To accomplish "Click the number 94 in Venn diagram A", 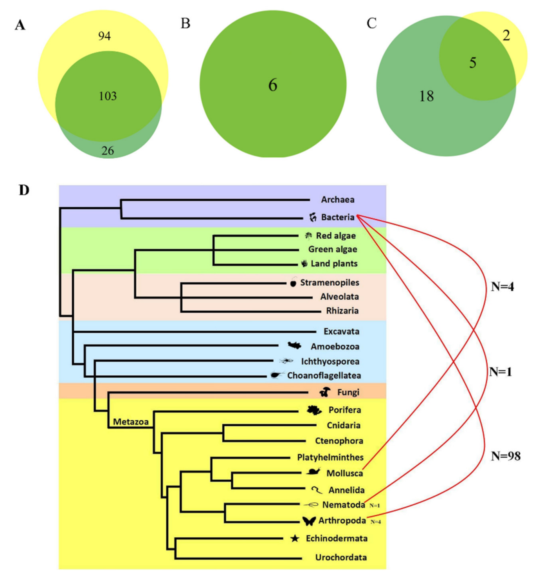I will point(104,36).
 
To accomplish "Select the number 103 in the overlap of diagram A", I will point(108,96).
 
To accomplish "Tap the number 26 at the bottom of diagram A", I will point(108,150).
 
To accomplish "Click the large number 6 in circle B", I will point(273,85).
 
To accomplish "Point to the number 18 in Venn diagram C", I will point(427,96).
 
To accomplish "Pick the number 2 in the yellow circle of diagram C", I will point(506,36).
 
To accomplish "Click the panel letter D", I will point(24,190).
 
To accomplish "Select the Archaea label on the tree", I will point(338,200).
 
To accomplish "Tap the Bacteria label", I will point(338,217).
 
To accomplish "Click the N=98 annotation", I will point(506,456).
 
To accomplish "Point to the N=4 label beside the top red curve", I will point(503,287).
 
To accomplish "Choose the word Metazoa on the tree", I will point(131,422).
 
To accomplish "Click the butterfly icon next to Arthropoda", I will point(309,521).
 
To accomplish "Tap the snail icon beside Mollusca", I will point(313,471).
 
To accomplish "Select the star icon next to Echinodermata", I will point(295,538).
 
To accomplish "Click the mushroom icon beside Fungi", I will point(325,391).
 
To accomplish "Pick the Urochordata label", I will point(341,557).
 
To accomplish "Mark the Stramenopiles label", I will point(330,283).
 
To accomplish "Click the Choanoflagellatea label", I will point(324,375).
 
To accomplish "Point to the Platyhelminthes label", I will point(330,457).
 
